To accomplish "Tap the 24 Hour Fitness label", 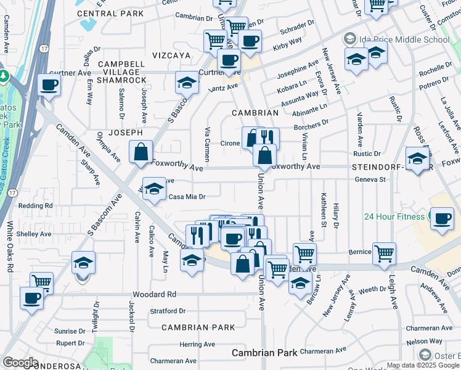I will [395, 216].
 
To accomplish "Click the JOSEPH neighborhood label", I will [126, 133].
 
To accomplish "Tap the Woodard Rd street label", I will [158, 294].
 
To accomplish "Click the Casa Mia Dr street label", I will [186, 197].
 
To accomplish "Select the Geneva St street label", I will [370, 180].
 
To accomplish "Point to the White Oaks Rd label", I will [10, 247].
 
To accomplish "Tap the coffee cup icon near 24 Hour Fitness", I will [442, 218].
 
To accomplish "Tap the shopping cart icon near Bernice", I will [384, 252].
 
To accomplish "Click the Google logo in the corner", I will [20, 363].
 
